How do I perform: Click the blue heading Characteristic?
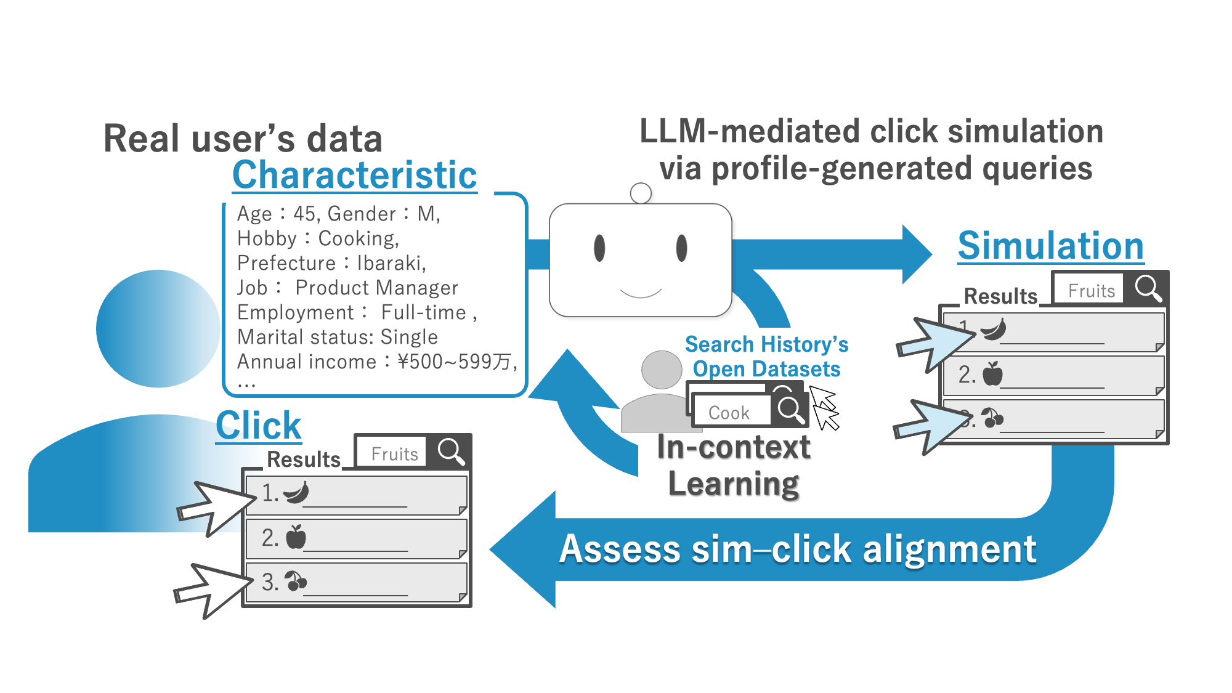[x=354, y=175]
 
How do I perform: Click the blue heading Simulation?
[x=1050, y=246]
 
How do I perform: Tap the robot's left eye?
[x=599, y=248]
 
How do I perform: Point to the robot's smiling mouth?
[x=641, y=292]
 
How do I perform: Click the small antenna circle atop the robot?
[x=641, y=193]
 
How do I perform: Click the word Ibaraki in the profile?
[x=391, y=263]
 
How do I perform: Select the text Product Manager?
[x=376, y=288]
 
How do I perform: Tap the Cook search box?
[x=730, y=412]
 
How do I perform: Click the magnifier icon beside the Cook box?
[x=790, y=410]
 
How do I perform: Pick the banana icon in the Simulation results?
[x=993, y=330]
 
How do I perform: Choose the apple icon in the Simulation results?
[x=992, y=374]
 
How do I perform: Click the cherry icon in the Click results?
[x=296, y=581]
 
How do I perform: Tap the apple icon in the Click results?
[x=296, y=537]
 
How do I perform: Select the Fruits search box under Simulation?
[x=1090, y=290]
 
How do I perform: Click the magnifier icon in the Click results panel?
[x=451, y=452]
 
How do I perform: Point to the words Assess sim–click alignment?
[x=798, y=549]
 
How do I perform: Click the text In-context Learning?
[x=733, y=465]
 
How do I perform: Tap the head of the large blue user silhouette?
[x=158, y=328]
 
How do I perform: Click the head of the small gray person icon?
[x=662, y=370]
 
